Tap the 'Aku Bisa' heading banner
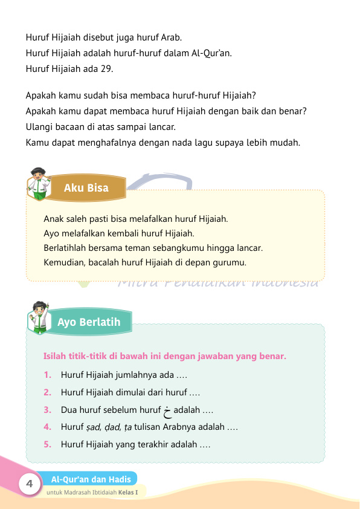[x=86, y=188]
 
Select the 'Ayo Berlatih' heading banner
[x=89, y=322]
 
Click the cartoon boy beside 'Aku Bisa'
[x=40, y=182]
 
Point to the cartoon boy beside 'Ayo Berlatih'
[x=41, y=316]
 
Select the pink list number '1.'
[x=47, y=375]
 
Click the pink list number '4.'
[x=47, y=427]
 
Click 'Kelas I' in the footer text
[x=135, y=492]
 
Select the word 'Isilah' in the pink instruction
[x=56, y=357]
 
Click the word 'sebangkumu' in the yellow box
[x=195, y=247]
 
